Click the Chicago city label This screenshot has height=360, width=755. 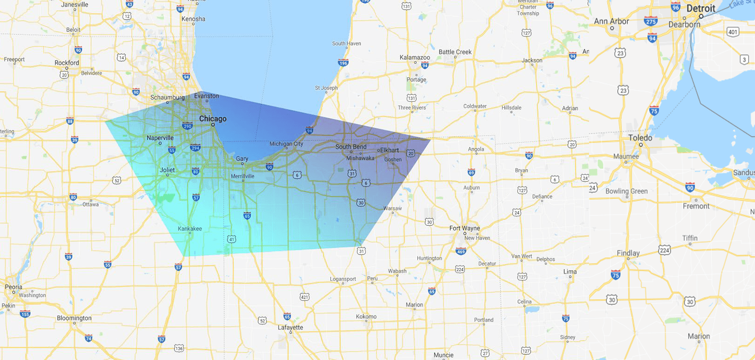(x=213, y=119)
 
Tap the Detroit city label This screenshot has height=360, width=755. (x=700, y=8)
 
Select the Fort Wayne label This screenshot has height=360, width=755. (x=464, y=229)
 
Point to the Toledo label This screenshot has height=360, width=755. (x=640, y=138)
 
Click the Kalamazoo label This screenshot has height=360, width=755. (x=415, y=57)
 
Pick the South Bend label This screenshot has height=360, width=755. (x=350, y=147)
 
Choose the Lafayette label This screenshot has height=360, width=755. (x=291, y=328)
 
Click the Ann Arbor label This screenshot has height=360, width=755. (x=611, y=22)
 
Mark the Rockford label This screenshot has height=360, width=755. (x=67, y=63)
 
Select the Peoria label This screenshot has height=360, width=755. (x=13, y=287)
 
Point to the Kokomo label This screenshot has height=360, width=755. (x=366, y=317)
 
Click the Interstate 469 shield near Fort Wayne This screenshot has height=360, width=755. (x=461, y=251)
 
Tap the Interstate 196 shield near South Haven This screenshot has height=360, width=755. (x=343, y=63)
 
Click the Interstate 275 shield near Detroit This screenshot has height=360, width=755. (x=651, y=21)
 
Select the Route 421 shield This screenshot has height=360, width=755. (x=304, y=297)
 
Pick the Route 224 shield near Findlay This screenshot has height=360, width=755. (x=664, y=250)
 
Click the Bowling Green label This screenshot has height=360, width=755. (x=627, y=191)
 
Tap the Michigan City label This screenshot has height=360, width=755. (x=286, y=144)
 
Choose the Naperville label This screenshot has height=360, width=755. (x=160, y=138)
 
